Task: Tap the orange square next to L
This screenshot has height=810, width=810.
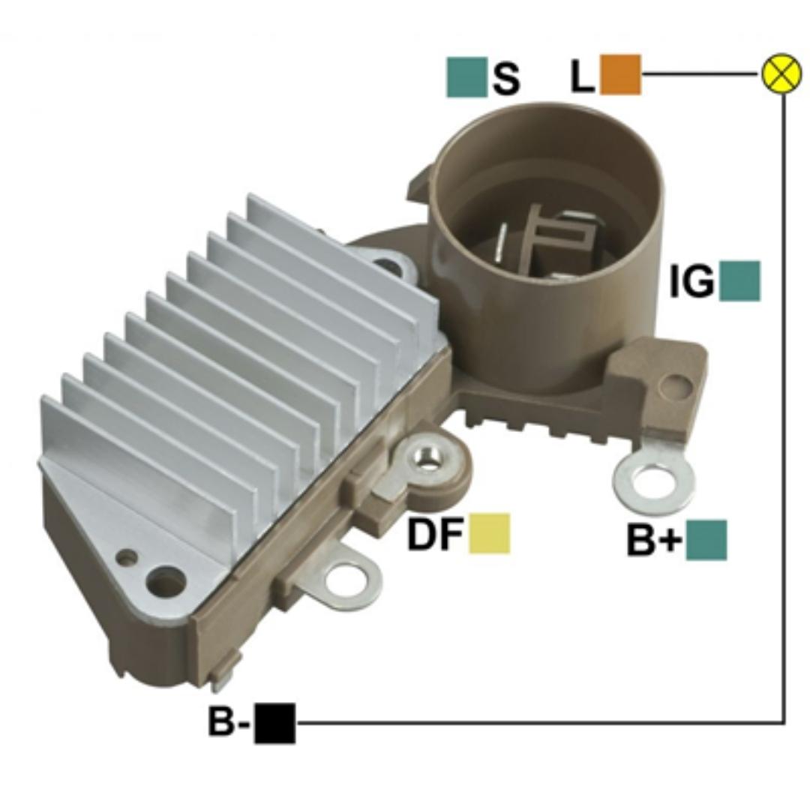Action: (620, 74)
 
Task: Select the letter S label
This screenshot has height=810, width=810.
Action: (506, 77)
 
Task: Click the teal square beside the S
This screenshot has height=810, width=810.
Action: (466, 77)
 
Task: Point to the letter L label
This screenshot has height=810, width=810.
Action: (583, 76)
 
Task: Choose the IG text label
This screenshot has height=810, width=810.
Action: (691, 281)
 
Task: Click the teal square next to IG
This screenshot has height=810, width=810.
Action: (739, 281)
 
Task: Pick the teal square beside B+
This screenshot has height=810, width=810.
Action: (706, 540)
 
